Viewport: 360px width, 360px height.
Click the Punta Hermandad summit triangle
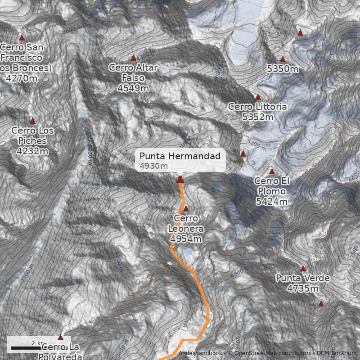180,180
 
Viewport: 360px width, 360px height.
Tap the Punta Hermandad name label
180,156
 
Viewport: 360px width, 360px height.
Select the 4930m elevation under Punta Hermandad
154,166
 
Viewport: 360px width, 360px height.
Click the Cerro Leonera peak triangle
186,208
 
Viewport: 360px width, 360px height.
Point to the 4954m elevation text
185,238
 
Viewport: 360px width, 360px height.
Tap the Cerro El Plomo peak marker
272,171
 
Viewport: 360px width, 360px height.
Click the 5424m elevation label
271,202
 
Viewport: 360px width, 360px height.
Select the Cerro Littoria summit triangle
258,97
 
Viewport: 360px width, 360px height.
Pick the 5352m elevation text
257,117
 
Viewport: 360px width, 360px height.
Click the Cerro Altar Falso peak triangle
133,58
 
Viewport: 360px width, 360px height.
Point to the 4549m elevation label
133,88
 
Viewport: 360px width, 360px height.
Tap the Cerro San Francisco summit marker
22,38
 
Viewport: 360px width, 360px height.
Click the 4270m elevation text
22,78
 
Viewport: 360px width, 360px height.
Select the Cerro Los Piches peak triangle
32,121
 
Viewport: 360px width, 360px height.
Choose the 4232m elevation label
32,151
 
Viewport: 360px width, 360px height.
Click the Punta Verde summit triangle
303,269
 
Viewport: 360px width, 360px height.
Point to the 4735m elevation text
303,288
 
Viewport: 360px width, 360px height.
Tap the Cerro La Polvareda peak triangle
60,337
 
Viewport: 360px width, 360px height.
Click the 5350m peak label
283,69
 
